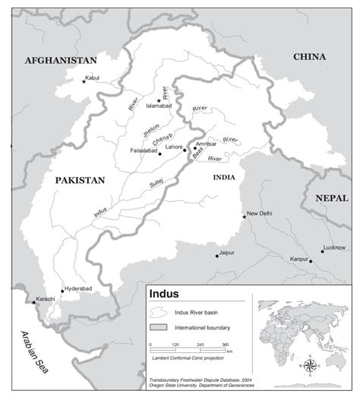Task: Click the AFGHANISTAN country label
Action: pos(61,60)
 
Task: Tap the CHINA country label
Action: pos(310,57)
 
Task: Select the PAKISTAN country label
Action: pos(80,180)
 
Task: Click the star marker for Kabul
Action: pos(84,81)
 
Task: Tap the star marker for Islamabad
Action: pos(159,100)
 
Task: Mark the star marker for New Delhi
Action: pos(245,217)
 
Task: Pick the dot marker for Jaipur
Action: pos(216,256)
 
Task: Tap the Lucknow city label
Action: pos(333,247)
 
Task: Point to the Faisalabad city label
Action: pos(141,150)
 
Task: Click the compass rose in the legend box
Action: pos(311,365)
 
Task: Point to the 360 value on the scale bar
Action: pos(226,345)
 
